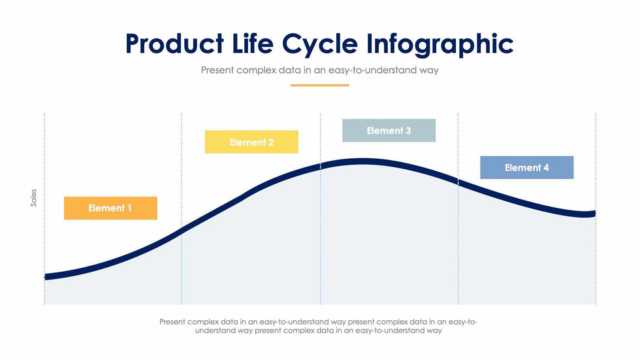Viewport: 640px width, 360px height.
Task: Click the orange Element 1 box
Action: (110, 208)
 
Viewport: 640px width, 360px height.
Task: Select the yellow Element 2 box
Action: (251, 142)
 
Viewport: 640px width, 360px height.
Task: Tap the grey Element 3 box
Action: (389, 131)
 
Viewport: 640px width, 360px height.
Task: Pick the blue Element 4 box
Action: (526, 167)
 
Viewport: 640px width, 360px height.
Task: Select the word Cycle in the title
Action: (321, 44)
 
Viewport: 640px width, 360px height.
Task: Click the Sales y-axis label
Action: (34, 199)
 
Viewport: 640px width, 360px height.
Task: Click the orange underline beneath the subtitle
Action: (319, 85)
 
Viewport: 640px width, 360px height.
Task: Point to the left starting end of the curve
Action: (46, 277)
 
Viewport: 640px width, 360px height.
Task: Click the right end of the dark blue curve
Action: (594, 214)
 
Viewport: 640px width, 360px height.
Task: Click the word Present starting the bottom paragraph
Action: (172, 321)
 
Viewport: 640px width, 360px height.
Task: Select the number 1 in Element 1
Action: (129, 208)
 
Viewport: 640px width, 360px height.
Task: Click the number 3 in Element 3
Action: (408, 131)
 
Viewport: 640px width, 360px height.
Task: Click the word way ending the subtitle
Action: (428, 70)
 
